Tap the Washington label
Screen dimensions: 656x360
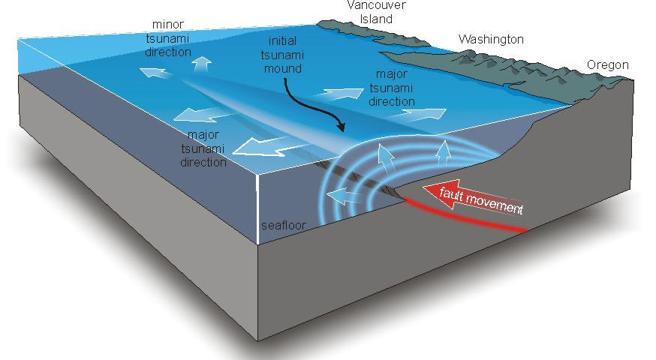point(491,39)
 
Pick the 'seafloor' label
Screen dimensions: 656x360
point(279,226)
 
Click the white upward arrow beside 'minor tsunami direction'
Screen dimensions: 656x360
point(200,64)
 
